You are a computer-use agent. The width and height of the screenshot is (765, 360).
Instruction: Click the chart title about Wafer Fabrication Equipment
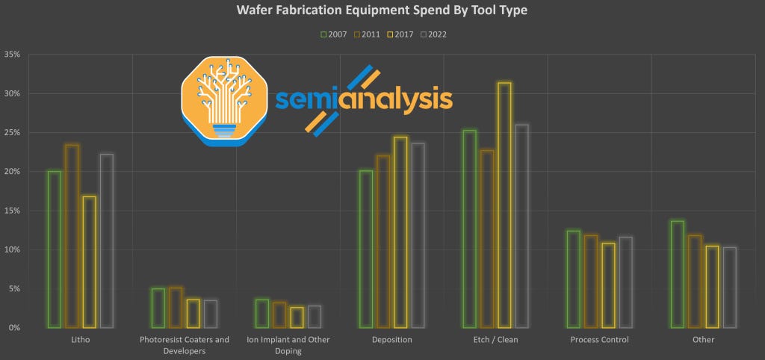click(x=382, y=10)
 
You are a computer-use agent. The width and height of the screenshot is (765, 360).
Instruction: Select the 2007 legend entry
click(x=333, y=34)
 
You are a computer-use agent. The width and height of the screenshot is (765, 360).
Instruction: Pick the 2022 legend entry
click(x=433, y=34)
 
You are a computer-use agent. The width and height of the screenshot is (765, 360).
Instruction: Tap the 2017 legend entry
click(x=400, y=34)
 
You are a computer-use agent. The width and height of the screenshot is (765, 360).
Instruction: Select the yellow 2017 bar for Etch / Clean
click(x=504, y=205)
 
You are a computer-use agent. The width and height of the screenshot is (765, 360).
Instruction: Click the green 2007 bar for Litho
click(x=54, y=249)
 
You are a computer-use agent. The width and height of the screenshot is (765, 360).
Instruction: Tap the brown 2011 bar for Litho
click(x=72, y=236)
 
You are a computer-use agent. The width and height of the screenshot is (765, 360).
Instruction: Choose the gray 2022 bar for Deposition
click(x=418, y=235)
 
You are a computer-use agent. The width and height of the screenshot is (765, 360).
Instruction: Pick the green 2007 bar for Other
click(x=678, y=274)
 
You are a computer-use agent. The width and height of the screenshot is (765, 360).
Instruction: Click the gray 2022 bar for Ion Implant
click(x=315, y=317)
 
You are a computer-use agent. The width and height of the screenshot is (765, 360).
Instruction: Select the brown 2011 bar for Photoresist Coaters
click(x=176, y=308)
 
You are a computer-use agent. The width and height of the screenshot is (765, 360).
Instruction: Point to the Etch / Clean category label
click(x=495, y=340)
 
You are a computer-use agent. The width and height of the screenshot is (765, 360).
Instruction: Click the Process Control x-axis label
click(x=599, y=340)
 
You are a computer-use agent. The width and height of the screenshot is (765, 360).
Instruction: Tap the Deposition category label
click(x=391, y=340)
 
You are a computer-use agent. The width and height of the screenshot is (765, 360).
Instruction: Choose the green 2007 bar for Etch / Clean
click(x=469, y=229)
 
